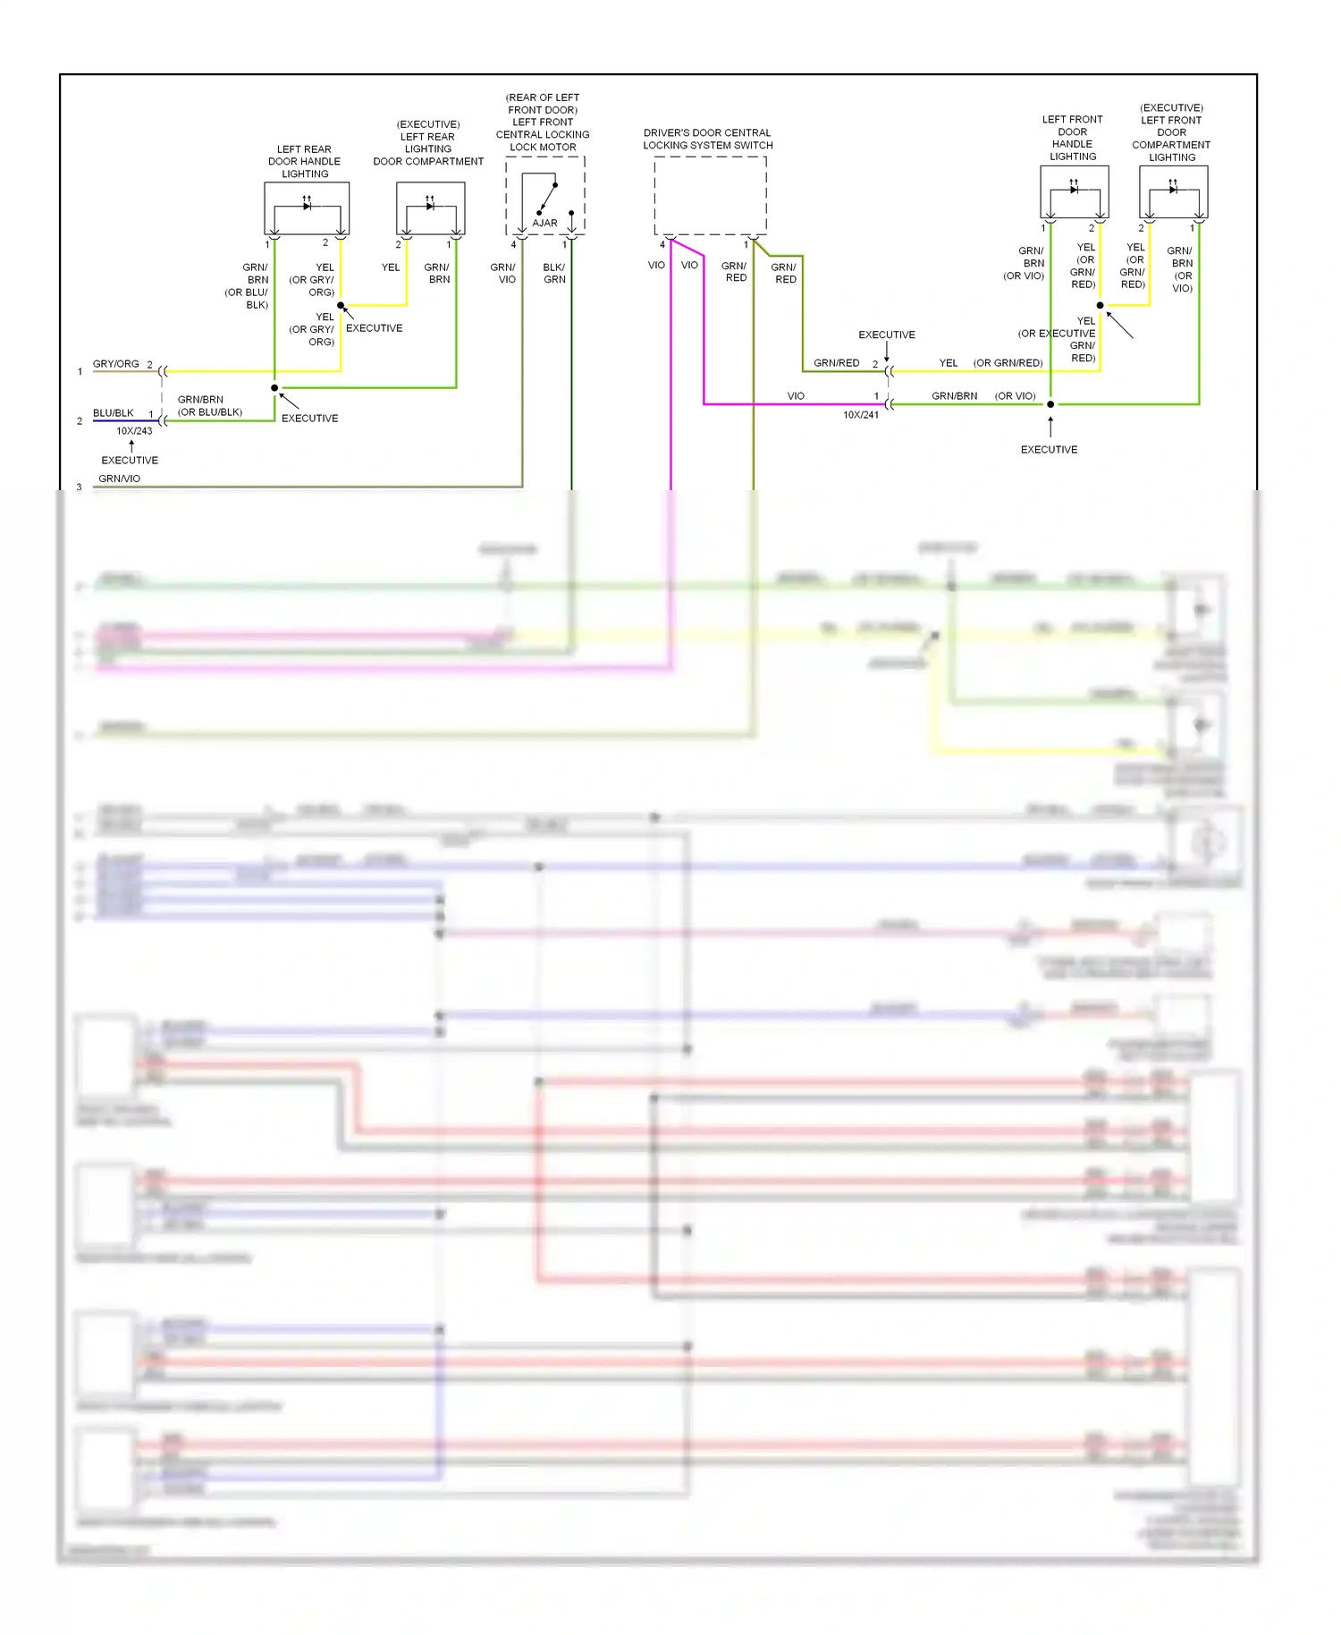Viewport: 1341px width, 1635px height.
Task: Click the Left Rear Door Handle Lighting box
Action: click(x=307, y=208)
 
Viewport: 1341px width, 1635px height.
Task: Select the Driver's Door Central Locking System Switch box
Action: click(x=710, y=195)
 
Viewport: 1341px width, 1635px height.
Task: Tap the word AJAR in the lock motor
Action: click(x=544, y=223)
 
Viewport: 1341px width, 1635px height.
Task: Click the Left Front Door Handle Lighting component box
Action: click(x=1074, y=191)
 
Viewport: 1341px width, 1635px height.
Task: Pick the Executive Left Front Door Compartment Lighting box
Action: click(x=1173, y=191)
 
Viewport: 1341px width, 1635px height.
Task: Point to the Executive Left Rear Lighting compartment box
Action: click(x=430, y=208)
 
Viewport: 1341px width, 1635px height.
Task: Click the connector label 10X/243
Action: click(x=134, y=431)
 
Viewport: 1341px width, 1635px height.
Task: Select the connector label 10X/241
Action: click(x=860, y=415)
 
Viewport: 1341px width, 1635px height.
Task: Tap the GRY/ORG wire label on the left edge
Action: click(x=115, y=364)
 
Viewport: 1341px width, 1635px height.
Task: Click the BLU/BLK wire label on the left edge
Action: click(x=113, y=413)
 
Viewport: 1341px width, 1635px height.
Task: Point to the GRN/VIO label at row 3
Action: click(x=119, y=479)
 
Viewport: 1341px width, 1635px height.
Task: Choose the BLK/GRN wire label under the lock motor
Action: click(x=554, y=273)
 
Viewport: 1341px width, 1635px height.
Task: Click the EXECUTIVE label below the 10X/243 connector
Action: click(x=130, y=461)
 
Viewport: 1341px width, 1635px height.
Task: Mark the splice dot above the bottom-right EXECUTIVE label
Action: click(x=1050, y=404)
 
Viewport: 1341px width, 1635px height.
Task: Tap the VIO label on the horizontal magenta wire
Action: click(x=796, y=396)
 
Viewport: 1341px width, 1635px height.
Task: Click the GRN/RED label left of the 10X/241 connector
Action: click(x=836, y=363)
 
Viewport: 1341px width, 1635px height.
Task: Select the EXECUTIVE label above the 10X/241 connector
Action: click(x=886, y=335)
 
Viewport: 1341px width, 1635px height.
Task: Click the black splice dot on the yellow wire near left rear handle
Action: click(x=341, y=306)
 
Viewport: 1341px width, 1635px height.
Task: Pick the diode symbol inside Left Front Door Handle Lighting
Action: click(x=1074, y=190)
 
